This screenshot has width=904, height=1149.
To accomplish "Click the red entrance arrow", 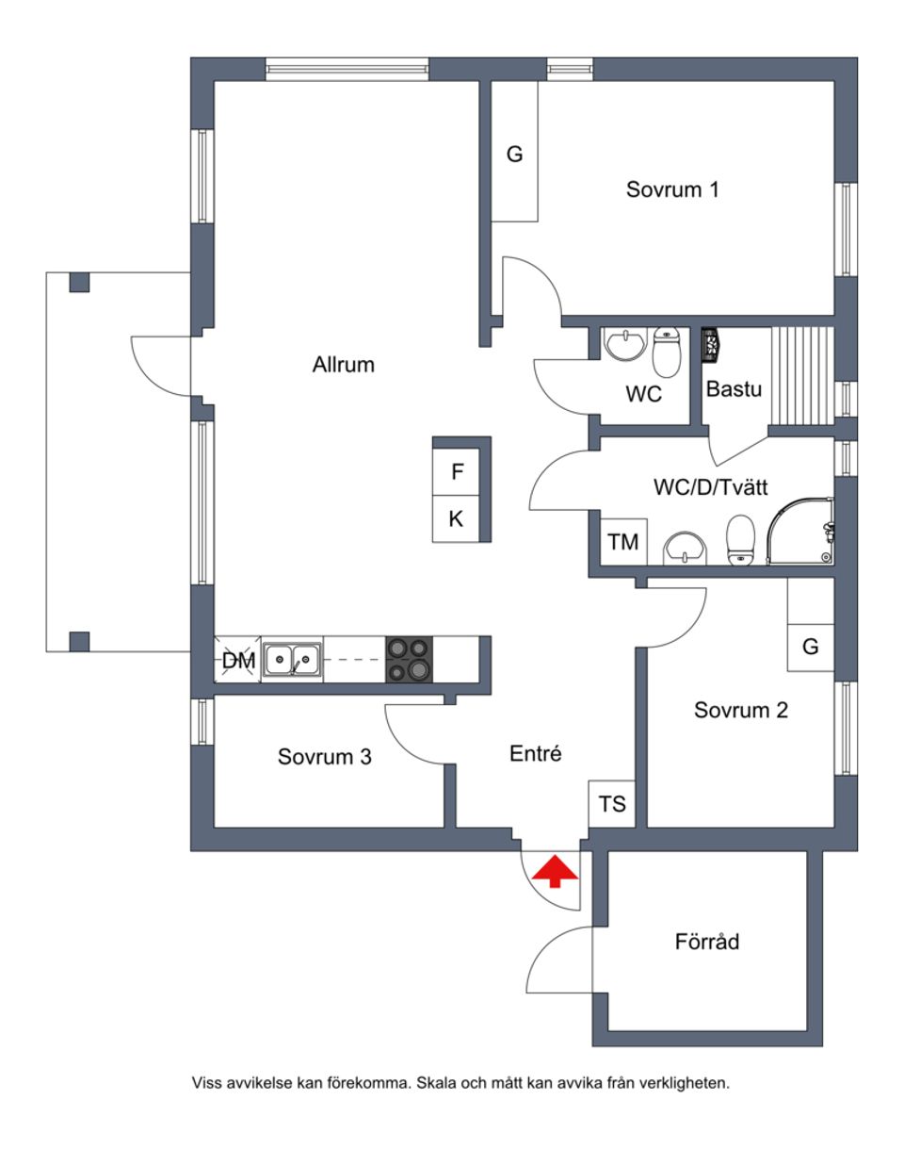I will tap(556, 871).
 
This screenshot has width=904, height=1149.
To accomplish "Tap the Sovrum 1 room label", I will tap(672, 189).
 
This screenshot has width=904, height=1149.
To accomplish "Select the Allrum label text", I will tap(344, 365).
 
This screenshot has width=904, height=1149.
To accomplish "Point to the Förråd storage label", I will tap(707, 942).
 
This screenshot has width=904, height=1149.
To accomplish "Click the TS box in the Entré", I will tap(612, 804).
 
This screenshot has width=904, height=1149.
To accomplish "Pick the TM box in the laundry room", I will tap(622, 542).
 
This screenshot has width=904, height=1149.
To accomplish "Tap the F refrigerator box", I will tap(458, 471).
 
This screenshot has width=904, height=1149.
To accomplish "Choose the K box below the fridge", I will tap(457, 518).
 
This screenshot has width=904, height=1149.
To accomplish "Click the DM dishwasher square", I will tap(238, 661).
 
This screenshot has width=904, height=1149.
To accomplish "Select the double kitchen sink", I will tap(293, 659).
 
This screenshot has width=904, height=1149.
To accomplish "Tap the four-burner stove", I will tap(410, 659).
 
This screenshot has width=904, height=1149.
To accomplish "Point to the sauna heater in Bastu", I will tap(711, 344).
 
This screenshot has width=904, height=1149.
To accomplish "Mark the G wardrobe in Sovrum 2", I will tap(811, 647).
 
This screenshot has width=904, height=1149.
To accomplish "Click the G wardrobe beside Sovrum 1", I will tap(514, 155).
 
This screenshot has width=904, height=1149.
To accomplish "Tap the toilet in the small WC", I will tap(667, 351).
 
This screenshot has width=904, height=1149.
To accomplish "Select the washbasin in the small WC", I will tap(623, 346).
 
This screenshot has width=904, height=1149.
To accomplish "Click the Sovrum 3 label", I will tap(324, 757).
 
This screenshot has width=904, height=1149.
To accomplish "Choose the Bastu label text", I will tap(734, 388).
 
